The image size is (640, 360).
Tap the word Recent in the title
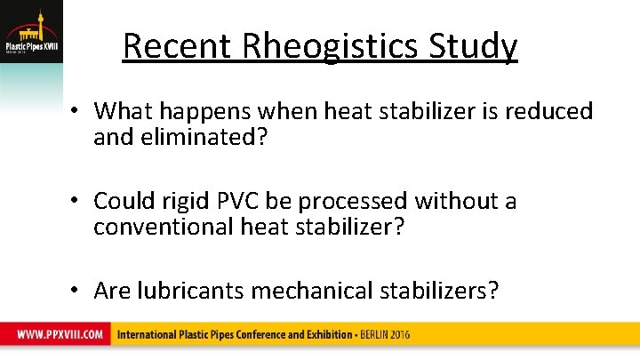click(x=165, y=46)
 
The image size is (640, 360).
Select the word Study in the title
click(x=476, y=47)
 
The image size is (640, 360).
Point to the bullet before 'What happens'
click(x=77, y=111)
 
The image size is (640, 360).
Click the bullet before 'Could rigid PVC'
click(x=77, y=202)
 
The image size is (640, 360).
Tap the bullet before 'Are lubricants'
click(x=77, y=291)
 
